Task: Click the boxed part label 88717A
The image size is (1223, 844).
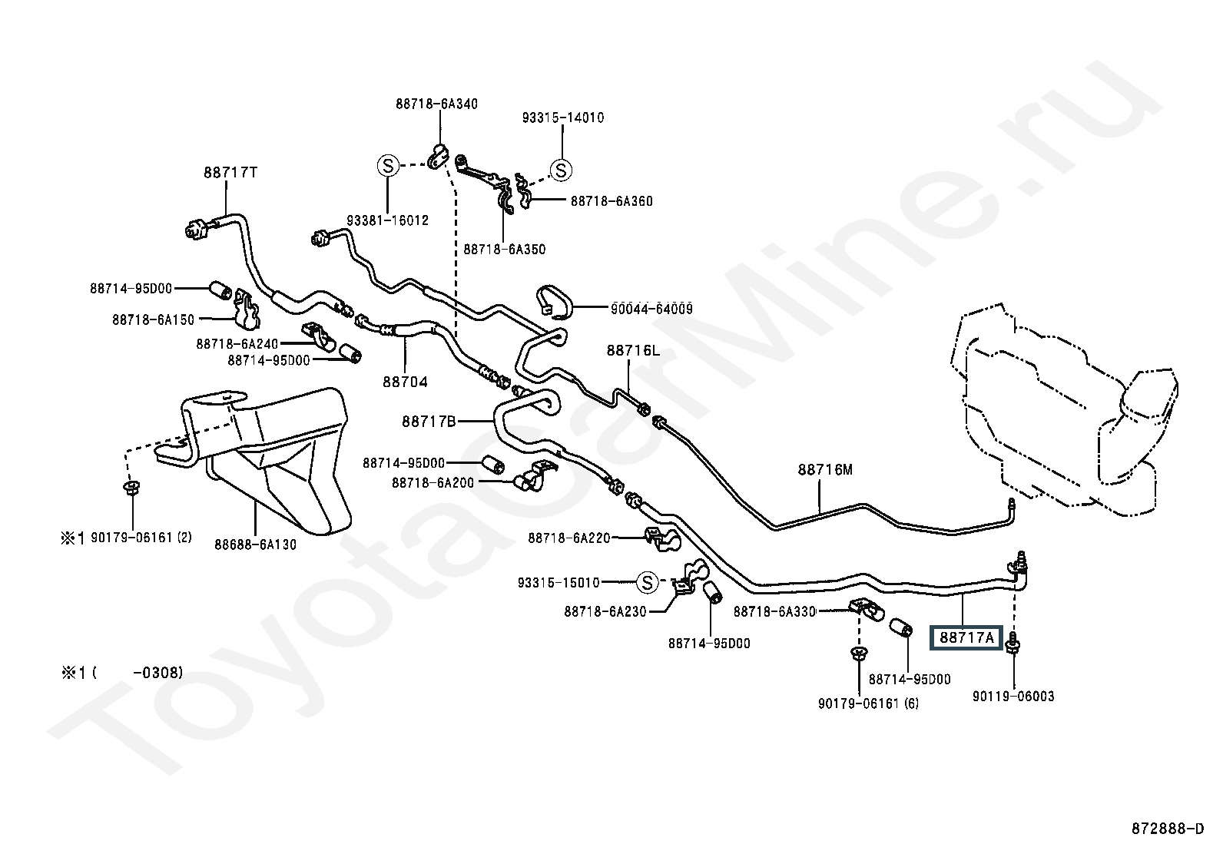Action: pos(966,637)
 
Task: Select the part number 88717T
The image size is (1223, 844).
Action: pos(230,173)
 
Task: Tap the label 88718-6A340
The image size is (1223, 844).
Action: pos(437,104)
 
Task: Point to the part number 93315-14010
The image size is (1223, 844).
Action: pos(563,117)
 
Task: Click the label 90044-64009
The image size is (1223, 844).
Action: pos(651,309)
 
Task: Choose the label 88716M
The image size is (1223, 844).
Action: pos(825,469)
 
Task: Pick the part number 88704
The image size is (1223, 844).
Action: pos(405,382)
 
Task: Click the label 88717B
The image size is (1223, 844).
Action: pos(429,422)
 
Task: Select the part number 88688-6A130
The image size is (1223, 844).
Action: pos(255,544)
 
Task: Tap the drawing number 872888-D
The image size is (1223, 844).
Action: pos(1168,829)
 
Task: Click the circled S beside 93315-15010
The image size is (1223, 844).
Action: pos(647,582)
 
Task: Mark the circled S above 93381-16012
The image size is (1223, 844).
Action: pos(388,165)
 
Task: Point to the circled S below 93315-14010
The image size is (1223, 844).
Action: pos(562,170)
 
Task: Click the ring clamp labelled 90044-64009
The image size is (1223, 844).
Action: pos(554,301)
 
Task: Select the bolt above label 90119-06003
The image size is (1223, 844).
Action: pos(1013,643)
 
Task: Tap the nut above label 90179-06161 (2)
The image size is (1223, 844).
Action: pos(131,487)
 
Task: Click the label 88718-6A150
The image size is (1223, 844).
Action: pos(154,320)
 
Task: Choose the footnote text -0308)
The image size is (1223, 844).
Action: pos(157,673)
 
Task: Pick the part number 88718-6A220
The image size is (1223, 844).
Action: pos(569,538)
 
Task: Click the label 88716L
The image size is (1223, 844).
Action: pos(633,350)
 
